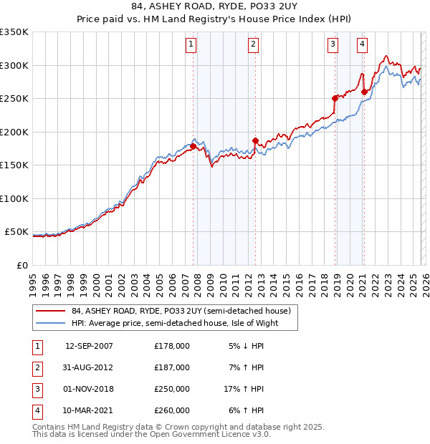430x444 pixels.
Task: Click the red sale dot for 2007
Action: pos(193,147)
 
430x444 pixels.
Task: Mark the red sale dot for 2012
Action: pos(255,140)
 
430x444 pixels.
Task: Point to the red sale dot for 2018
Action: pos(335,99)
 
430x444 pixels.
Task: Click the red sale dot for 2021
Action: pos(364,92)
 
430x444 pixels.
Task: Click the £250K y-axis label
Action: pos(14,98)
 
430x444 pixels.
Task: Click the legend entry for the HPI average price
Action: pos(174,323)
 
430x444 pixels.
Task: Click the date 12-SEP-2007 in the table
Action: pos(89,346)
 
